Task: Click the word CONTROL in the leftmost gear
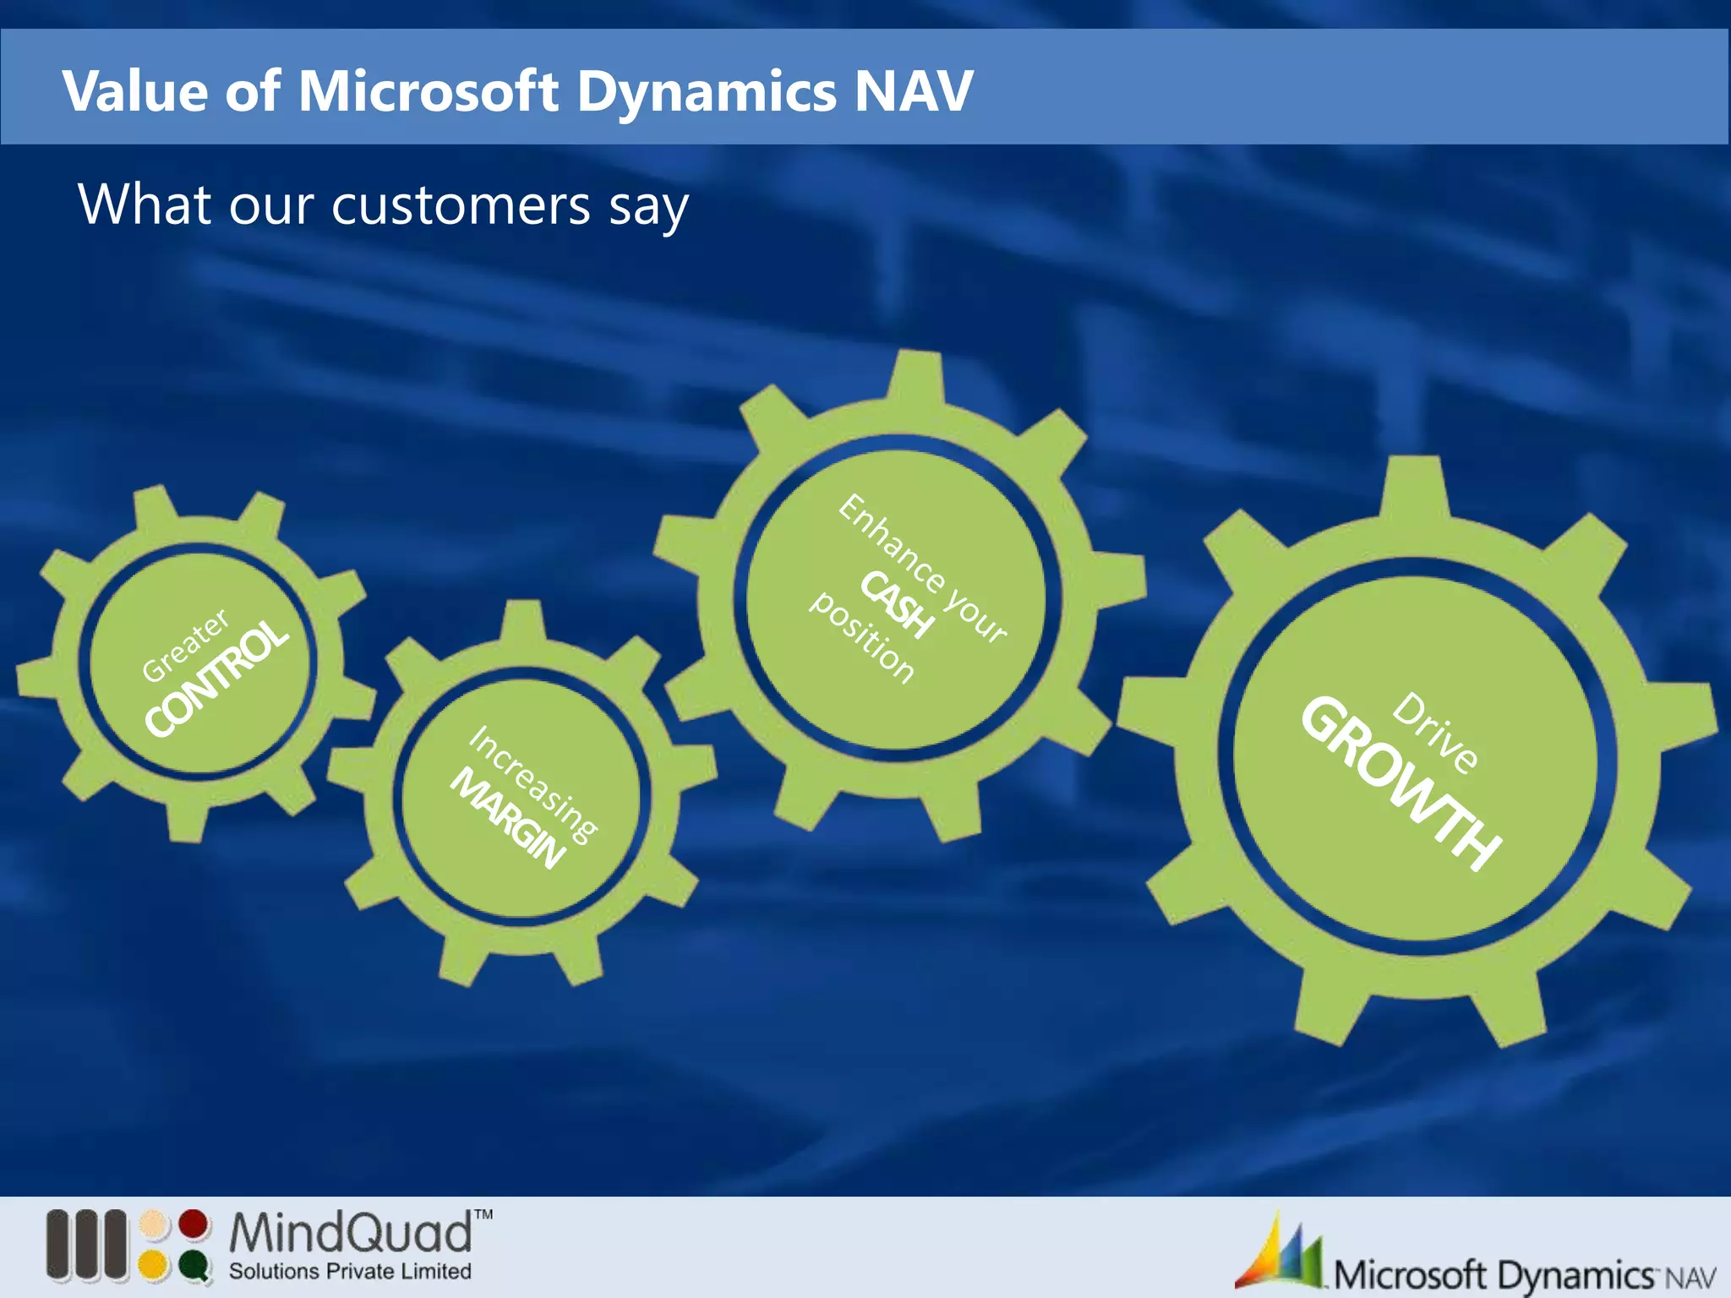(216, 677)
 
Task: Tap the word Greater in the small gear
(185, 645)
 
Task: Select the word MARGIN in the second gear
(507, 818)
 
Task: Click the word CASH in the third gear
(898, 603)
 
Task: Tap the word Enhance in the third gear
(892, 543)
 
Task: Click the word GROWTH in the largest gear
(1401, 783)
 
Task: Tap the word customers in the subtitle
(461, 205)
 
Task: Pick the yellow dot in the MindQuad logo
(154, 1265)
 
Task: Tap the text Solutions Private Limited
(350, 1271)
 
